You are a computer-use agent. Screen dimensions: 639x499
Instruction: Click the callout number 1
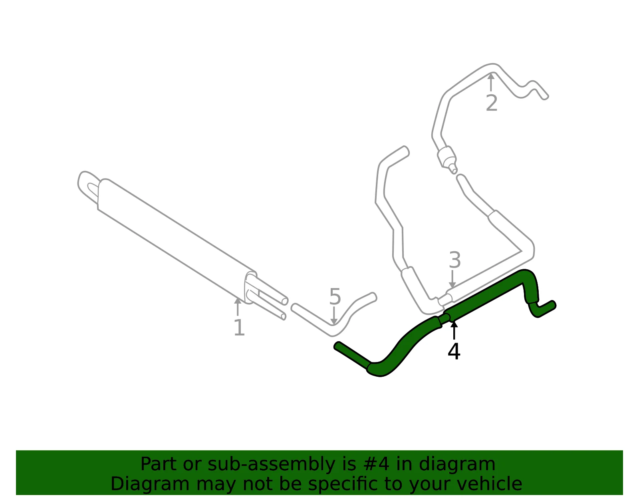pos(239,328)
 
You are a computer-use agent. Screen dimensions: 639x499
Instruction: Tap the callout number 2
pos(491,103)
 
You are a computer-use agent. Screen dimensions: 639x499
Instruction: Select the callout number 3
pos(454,260)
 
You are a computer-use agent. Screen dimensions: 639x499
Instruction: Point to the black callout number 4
pos(454,351)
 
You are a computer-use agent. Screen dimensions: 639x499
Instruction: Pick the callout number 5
pos(335,296)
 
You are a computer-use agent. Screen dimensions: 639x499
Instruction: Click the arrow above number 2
pos(491,82)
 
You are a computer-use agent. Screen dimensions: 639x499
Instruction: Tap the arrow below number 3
pos(452,279)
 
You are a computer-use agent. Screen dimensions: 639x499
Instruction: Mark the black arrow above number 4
pos(454,330)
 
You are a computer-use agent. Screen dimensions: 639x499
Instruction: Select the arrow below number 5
pos(334,316)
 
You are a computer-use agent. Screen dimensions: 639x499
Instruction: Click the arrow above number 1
pos(238,307)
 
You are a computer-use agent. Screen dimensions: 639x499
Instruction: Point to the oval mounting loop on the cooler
pos(88,188)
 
